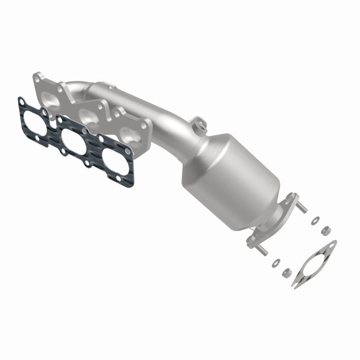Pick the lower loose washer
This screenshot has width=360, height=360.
point(276,262)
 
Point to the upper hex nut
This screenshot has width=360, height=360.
point(324,231)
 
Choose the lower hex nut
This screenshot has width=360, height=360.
point(285,272)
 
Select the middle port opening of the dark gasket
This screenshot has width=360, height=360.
point(72,140)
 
